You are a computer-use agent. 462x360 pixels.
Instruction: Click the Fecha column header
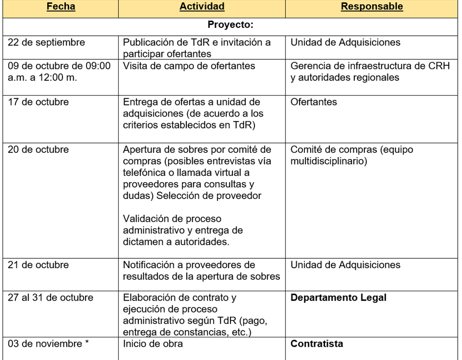(60, 7)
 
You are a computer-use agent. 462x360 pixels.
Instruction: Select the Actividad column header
(201, 7)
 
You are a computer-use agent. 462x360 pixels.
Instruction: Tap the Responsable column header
(372, 7)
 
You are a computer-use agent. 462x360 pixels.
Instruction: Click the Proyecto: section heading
(231, 24)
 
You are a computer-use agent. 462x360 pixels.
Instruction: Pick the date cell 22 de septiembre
(46, 42)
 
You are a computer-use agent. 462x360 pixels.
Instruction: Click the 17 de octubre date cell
(38, 102)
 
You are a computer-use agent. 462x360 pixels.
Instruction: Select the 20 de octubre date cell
(38, 150)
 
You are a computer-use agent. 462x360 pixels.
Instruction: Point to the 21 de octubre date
(38, 265)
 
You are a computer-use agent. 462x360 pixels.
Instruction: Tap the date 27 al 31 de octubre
(50, 298)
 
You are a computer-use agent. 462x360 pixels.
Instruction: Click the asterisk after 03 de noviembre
(87, 344)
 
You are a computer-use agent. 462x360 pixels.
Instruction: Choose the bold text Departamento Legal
(338, 298)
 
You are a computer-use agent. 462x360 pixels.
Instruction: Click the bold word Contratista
(317, 344)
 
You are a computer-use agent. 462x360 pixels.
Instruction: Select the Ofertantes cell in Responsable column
(314, 102)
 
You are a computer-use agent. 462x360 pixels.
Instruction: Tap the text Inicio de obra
(152, 344)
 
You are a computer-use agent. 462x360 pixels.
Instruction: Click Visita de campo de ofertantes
(189, 66)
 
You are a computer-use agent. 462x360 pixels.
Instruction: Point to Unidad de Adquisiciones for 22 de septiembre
(345, 42)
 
